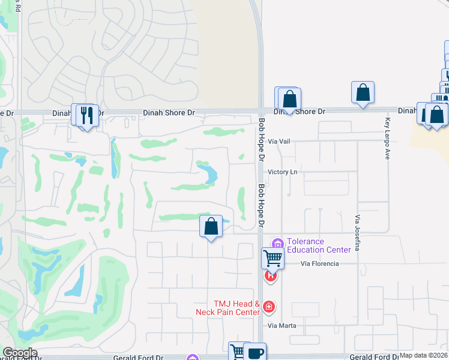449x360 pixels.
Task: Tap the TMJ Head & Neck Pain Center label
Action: point(228,308)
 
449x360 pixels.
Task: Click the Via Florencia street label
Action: point(319,263)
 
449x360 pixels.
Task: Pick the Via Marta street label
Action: point(282,325)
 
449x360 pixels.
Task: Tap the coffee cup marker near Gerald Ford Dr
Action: point(255,353)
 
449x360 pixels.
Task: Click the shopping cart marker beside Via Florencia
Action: point(273,259)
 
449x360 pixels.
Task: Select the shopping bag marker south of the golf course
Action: point(211,226)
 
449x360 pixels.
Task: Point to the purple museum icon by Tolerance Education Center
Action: point(277,243)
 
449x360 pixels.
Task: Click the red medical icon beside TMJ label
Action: point(269,307)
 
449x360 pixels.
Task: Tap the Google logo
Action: point(19,353)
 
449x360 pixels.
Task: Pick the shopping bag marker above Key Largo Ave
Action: point(363,92)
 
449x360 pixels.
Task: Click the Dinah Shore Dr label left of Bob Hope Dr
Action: point(169,112)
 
